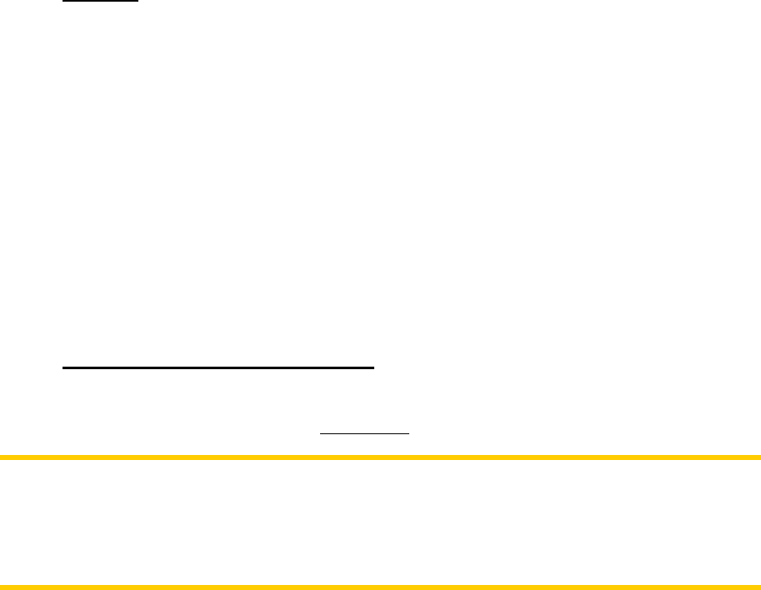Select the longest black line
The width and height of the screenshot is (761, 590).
point(219,366)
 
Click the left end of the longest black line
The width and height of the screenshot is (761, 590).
point(63,366)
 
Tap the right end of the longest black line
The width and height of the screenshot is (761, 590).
point(375,366)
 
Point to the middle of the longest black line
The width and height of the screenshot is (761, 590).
point(219,366)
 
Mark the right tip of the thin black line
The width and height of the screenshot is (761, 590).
point(410,433)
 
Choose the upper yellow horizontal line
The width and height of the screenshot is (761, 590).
point(380,457)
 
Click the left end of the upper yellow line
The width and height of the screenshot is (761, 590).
point(1,457)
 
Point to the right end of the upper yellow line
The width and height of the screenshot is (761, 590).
point(759,457)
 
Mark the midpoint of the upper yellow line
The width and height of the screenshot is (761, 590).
point(380,457)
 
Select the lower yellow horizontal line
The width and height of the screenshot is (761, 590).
point(380,586)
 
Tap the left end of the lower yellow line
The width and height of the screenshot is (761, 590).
point(1,586)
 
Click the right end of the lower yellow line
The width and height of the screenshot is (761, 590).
point(759,586)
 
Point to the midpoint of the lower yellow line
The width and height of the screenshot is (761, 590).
point(380,586)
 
